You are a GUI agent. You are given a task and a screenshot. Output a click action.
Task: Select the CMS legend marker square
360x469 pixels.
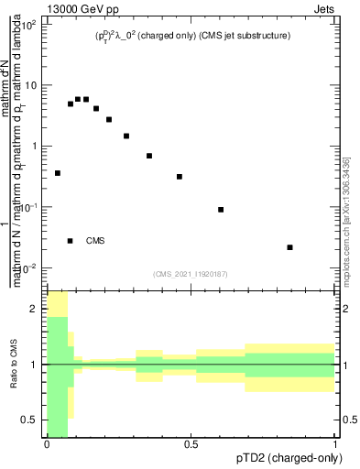coord(71,241)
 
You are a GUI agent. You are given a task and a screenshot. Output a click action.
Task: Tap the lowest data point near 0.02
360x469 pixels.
coord(289,247)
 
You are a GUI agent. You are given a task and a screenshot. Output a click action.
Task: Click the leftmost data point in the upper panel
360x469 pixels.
coord(58,173)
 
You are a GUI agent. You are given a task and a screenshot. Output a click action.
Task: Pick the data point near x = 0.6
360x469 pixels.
coord(221,210)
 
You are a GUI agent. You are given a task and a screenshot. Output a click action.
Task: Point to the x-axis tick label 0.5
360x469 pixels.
coord(191,444)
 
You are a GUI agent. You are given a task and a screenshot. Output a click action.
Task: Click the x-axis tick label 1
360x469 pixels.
coord(334,444)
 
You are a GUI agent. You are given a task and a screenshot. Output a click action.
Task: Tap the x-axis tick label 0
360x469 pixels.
coord(47,444)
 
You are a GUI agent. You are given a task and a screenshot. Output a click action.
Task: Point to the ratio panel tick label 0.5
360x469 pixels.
coord(30,420)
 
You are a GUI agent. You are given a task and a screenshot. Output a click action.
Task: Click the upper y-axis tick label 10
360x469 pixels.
coord(30,85)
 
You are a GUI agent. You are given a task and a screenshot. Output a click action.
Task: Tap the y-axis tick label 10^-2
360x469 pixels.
coord(28,267)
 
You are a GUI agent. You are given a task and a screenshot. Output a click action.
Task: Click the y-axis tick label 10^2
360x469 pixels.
coord(28,25)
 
